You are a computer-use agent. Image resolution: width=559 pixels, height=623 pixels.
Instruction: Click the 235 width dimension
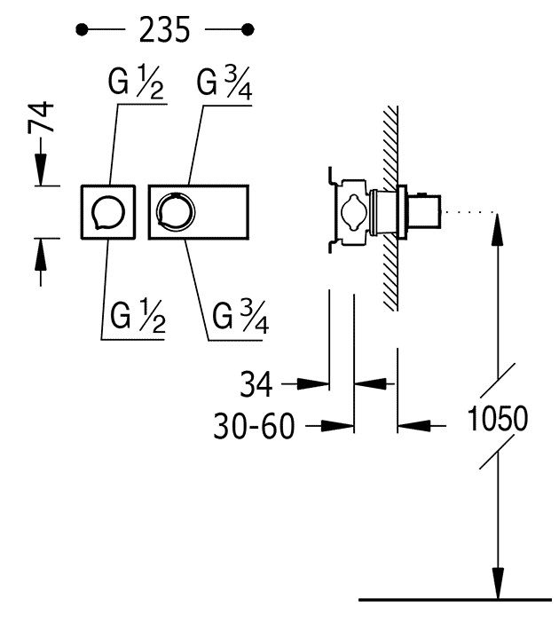(165, 30)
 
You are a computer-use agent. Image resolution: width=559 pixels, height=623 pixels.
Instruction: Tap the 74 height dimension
(42, 116)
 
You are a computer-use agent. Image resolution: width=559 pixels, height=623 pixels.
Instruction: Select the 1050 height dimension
(498, 418)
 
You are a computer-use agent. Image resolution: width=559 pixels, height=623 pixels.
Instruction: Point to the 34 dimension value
(256, 384)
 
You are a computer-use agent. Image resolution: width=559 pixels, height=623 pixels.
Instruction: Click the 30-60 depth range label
(255, 426)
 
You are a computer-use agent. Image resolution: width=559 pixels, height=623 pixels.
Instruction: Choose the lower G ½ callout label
(138, 317)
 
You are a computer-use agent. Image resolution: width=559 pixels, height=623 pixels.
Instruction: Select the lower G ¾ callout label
(240, 318)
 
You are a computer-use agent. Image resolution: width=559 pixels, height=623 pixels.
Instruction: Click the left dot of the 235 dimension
(82, 30)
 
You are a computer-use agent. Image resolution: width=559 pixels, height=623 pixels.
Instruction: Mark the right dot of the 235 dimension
(248, 30)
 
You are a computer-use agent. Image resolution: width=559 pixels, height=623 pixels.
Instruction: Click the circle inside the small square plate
(108, 213)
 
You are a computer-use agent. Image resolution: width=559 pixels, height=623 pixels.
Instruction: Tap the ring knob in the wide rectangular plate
(176, 212)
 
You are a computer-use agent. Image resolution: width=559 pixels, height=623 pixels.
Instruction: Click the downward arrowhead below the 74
(41, 167)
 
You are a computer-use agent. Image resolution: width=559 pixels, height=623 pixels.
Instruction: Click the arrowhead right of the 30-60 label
(337, 426)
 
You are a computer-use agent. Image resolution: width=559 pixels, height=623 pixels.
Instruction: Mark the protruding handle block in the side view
(424, 212)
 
